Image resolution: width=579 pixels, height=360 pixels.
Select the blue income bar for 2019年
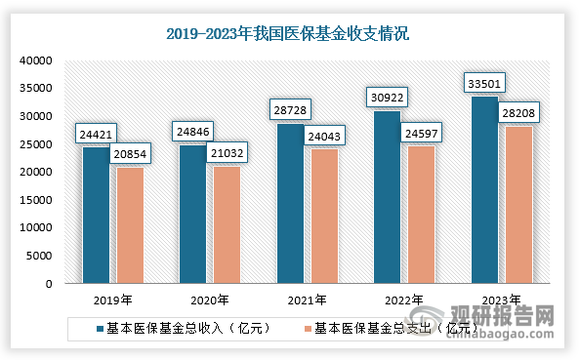click(x=96, y=216)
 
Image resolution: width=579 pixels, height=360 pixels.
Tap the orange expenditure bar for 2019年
click(x=130, y=225)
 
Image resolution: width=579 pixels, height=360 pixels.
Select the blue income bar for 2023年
click(x=484, y=190)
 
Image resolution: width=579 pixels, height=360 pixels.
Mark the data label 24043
click(x=323, y=135)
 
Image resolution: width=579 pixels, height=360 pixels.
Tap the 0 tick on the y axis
click(x=46, y=284)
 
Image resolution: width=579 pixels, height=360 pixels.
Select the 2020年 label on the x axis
click(x=209, y=300)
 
